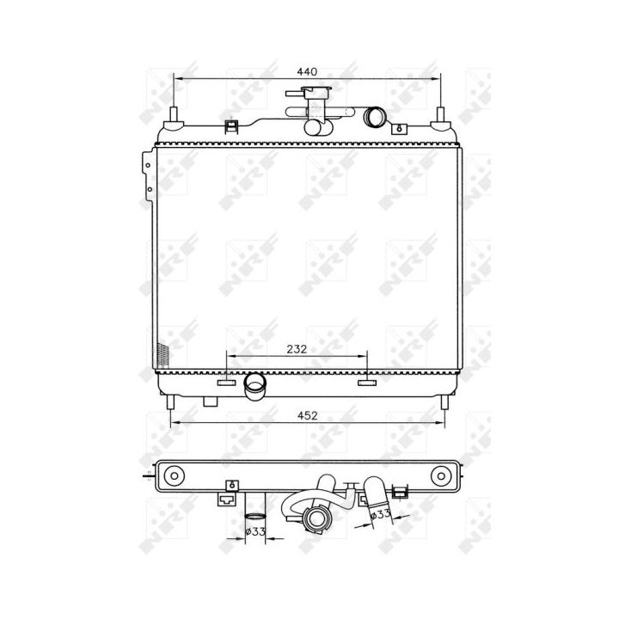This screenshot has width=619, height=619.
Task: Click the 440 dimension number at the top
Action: [307, 72]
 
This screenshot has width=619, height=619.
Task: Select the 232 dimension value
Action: [297, 349]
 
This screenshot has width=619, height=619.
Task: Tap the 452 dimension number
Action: [307, 416]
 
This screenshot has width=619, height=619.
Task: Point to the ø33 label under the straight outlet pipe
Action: [255, 531]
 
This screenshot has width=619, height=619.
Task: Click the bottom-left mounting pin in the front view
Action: [170, 402]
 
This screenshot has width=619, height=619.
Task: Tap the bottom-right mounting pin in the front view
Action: [444, 402]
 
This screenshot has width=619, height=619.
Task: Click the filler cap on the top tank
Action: [309, 93]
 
